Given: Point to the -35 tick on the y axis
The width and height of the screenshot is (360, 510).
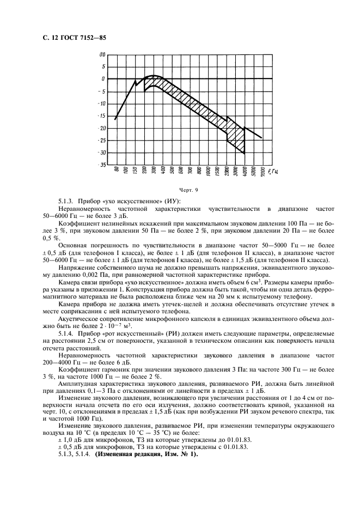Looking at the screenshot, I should click(101, 164).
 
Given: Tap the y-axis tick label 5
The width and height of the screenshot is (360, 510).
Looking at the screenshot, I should click(103, 66).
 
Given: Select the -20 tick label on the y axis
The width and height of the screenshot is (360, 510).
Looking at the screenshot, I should click(101, 128).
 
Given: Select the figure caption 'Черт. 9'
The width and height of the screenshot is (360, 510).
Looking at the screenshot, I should click(180, 190).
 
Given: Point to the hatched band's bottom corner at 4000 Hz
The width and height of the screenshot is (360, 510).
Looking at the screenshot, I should click(245, 153).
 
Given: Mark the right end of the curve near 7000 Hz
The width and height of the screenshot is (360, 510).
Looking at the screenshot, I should click(262, 138).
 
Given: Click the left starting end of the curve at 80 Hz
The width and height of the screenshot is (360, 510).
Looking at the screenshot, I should click(115, 119).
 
